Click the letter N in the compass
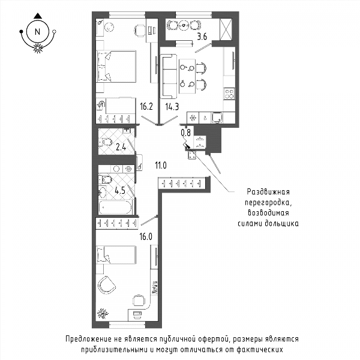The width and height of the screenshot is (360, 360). click(x=37, y=32)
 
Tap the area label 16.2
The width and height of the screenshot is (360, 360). click(x=146, y=107)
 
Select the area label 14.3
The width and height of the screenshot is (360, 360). click(x=172, y=107)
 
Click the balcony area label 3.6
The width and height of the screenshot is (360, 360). click(x=202, y=36)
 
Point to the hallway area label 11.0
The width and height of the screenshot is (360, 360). click(x=161, y=165)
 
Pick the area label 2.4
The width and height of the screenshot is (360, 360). click(x=121, y=147)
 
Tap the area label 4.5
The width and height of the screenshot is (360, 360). click(x=120, y=190)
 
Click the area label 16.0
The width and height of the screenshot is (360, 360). click(x=146, y=236)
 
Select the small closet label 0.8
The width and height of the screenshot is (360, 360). click(x=186, y=133)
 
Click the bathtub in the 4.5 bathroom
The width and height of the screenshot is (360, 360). click(x=116, y=208)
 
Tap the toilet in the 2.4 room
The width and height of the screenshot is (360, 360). click(x=106, y=142)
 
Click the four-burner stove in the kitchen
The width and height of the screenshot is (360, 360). click(x=229, y=94)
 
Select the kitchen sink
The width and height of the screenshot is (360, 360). click(x=217, y=118)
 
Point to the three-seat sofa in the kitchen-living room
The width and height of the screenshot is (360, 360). click(x=169, y=76)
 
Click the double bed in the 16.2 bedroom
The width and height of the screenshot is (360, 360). click(x=116, y=67)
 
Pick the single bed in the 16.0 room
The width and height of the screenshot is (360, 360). click(x=116, y=254)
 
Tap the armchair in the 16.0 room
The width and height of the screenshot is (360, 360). click(x=107, y=285)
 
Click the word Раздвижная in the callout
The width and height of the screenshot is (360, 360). click(x=268, y=192)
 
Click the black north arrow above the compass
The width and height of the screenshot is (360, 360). click(x=38, y=16)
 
